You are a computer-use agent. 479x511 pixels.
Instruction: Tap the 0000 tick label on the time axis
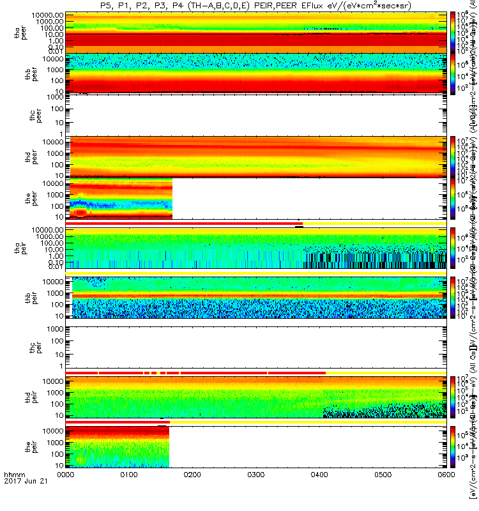66,492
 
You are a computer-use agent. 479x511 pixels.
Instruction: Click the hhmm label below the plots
13,492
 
